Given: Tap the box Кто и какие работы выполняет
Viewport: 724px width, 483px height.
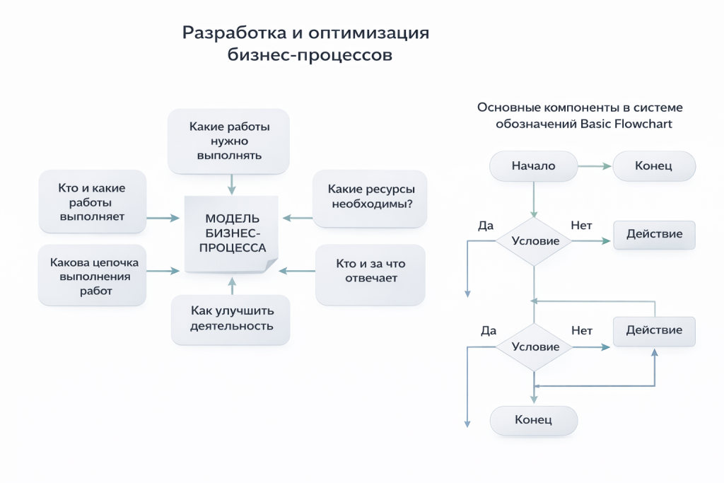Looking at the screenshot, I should click(x=93, y=202).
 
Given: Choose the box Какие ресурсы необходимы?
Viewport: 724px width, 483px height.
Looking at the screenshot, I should click(x=370, y=197).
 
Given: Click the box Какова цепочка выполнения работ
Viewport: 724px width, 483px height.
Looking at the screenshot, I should click(x=93, y=276).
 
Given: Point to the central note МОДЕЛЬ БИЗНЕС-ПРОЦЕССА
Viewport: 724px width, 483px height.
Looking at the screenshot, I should click(x=232, y=233).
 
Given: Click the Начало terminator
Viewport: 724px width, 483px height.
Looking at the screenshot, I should click(x=533, y=166).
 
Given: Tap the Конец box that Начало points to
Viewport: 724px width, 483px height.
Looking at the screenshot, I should click(x=653, y=166).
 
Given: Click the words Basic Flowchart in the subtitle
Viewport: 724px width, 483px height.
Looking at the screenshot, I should click(x=626, y=124).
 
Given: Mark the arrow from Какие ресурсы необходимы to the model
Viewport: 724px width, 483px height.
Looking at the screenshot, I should click(x=297, y=218).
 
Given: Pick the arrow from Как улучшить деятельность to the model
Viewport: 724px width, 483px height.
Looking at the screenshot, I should click(x=231, y=286).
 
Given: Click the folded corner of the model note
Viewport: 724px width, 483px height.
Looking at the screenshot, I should click(x=271, y=264).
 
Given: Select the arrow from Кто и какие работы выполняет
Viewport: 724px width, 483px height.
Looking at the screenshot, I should click(x=164, y=219).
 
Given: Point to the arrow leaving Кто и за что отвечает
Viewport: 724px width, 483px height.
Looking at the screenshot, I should click(x=297, y=271).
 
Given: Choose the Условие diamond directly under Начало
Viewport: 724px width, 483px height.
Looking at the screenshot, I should click(x=534, y=241).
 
